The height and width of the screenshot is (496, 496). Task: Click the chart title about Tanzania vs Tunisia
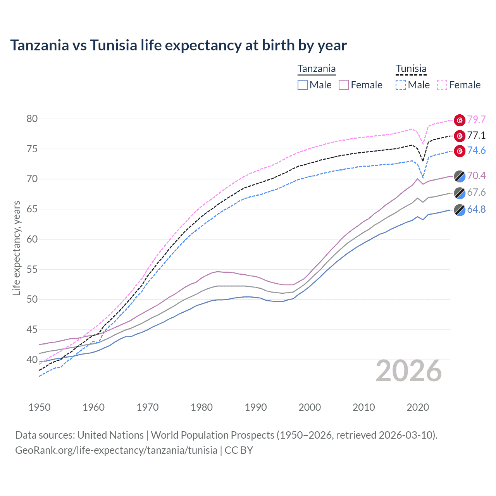pyautogui.click(x=178, y=45)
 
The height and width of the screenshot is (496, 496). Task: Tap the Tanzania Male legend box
pyautogui.click(x=303, y=85)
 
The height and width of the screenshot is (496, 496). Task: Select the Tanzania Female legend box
pyautogui.click(x=344, y=85)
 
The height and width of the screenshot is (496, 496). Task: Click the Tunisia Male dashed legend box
pyautogui.click(x=401, y=85)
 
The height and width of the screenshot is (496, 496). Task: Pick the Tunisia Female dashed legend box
pyautogui.click(x=442, y=85)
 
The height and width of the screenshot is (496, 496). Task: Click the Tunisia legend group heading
pyautogui.click(x=411, y=69)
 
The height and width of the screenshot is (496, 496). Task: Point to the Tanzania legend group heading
pyautogui.click(x=317, y=69)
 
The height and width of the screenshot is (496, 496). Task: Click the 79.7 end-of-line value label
pyautogui.click(x=476, y=119)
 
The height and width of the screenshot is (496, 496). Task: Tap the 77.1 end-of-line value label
pyautogui.click(x=476, y=135)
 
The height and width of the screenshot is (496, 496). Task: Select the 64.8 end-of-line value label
pyautogui.click(x=476, y=210)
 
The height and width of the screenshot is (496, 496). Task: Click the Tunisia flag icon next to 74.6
pyautogui.click(x=460, y=151)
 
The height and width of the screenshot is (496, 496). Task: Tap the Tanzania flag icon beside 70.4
pyautogui.click(x=460, y=176)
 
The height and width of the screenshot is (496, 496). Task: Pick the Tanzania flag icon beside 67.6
pyautogui.click(x=460, y=193)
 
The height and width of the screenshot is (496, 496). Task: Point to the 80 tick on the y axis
pyautogui.click(x=32, y=119)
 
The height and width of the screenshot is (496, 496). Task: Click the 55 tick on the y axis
pyautogui.click(x=32, y=269)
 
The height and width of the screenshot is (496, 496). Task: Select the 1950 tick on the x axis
pyautogui.click(x=40, y=407)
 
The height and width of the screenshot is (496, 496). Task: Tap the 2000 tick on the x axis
pyautogui.click(x=310, y=407)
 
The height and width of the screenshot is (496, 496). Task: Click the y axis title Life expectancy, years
pyautogui.click(x=16, y=248)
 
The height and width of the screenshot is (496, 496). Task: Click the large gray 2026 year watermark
pyautogui.click(x=409, y=371)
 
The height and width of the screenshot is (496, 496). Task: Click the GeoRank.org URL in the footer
pyautogui.click(x=116, y=450)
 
